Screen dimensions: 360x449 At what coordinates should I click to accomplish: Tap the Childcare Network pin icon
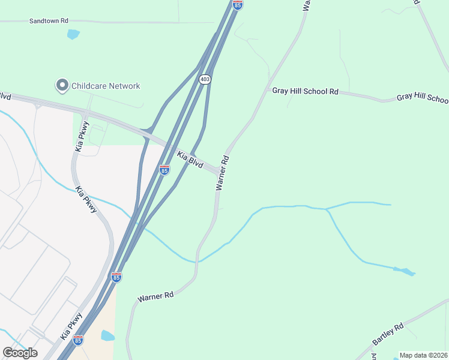click(x=62, y=86)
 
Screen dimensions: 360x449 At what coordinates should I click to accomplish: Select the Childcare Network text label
click(x=106, y=86)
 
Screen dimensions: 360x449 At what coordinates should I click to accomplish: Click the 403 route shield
click(x=205, y=79)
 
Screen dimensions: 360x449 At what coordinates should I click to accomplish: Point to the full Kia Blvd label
click(x=190, y=160)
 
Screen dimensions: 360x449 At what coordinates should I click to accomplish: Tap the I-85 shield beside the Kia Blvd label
click(x=164, y=170)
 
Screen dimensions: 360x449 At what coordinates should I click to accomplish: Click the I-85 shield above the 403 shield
click(x=238, y=5)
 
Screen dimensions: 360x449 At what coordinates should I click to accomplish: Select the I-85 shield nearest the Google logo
click(x=78, y=340)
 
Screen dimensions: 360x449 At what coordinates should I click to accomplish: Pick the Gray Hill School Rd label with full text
click(x=306, y=91)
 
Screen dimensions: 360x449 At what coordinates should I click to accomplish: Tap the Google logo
click(x=20, y=353)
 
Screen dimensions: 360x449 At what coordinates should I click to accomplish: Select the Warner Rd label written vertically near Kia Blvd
click(x=222, y=173)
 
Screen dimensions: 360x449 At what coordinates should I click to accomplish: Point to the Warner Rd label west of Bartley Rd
click(x=155, y=296)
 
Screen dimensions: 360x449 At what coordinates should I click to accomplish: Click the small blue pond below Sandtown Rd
click(x=73, y=34)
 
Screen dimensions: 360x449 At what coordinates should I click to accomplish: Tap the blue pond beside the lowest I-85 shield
click(x=107, y=335)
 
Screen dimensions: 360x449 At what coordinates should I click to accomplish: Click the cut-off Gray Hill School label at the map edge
click(x=422, y=98)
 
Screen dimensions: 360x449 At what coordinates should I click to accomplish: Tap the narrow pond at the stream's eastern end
click(x=405, y=271)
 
